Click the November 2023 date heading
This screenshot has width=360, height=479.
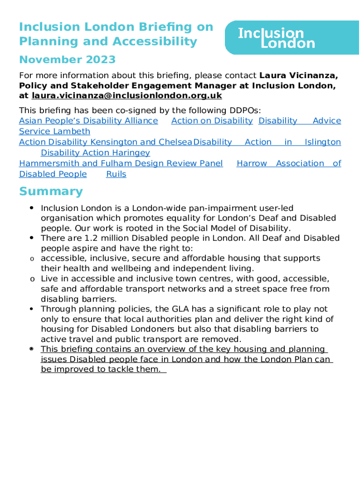pyautogui.click(x=67, y=60)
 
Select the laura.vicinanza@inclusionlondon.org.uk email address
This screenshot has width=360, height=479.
pyautogui.click(x=126, y=96)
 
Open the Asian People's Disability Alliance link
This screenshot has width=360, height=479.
pyautogui.click(x=88, y=121)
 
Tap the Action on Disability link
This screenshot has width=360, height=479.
pyautogui.click(x=212, y=121)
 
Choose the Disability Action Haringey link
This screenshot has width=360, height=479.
pyautogui.click(x=95, y=153)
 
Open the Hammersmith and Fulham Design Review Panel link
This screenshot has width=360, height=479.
pyautogui.click(x=121, y=164)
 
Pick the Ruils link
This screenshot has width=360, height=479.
pyautogui.click(x=116, y=174)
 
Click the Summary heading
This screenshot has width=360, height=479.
pyautogui.click(x=50, y=192)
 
